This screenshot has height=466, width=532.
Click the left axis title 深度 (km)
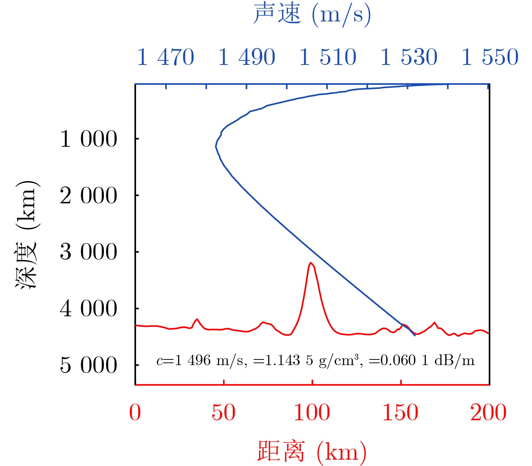(x=27, y=235)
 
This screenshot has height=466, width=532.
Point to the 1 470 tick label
(x=166, y=57)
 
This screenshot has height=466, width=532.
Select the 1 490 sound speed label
(x=247, y=57)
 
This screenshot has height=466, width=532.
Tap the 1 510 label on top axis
(x=328, y=57)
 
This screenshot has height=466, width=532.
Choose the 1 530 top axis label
(x=409, y=57)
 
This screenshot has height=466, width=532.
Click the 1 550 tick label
(x=490, y=57)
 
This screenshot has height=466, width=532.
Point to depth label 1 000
(x=89, y=139)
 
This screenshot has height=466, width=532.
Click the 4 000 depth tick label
(x=89, y=309)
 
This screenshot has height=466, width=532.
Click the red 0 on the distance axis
(x=135, y=413)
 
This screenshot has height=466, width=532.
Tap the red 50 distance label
(x=223, y=413)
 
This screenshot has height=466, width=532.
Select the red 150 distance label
(x=400, y=413)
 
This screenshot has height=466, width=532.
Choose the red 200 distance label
(x=488, y=413)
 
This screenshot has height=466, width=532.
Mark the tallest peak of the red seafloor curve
(x=311, y=263)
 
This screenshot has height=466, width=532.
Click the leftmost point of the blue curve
(x=216, y=147)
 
